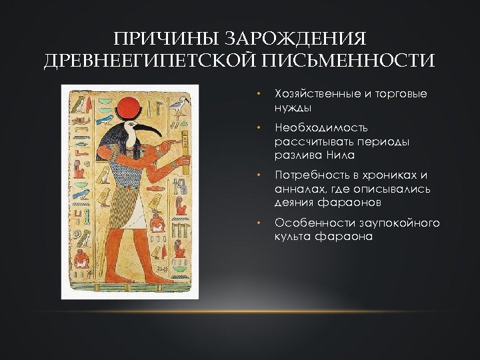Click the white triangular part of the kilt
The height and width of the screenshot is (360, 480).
point(137,214)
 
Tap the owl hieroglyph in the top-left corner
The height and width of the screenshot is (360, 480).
point(80,103)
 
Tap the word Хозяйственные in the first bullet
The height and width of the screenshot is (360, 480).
point(317,94)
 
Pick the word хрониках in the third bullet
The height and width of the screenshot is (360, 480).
point(387,175)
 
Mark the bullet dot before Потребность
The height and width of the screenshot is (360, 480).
point(260,175)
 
